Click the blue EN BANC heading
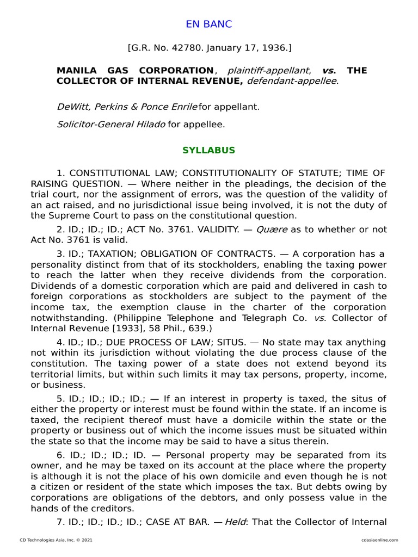click(209, 24)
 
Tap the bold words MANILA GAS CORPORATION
click(136, 71)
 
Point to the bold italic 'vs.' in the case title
click(329, 71)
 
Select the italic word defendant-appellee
click(292, 81)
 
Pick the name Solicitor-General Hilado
click(111, 125)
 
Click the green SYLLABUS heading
click(209, 150)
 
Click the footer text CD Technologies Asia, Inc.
click(49, 540)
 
